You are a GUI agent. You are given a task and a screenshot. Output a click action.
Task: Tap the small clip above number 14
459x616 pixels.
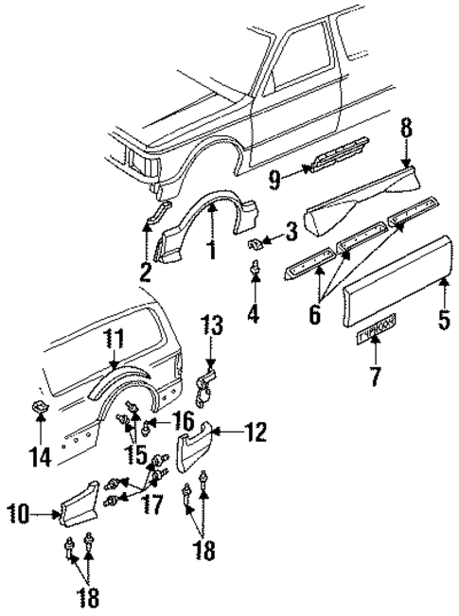[x=39, y=407]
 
